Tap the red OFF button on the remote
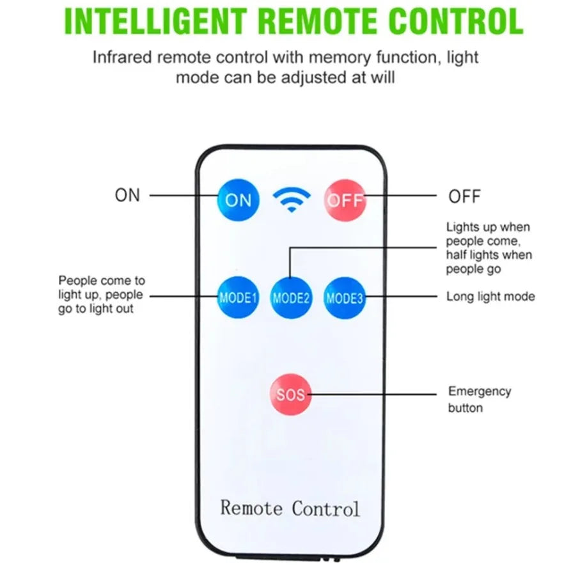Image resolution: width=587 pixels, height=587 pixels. [x=345, y=200]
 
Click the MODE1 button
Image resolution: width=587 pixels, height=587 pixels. [x=238, y=297]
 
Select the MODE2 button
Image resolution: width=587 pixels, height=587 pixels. [x=292, y=297]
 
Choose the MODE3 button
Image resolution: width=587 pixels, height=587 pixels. [x=345, y=297]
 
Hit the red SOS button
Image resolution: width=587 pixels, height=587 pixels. [x=291, y=395]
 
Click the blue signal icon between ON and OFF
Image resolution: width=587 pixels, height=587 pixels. [x=292, y=200]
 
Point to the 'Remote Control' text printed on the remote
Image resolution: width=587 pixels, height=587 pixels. [x=290, y=508]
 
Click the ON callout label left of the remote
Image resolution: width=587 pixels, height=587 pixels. [x=127, y=195]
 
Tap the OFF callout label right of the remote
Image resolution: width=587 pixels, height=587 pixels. [x=464, y=196]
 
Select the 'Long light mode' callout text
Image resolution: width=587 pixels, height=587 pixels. [x=490, y=297]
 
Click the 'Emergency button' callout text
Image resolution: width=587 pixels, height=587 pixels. [x=479, y=399]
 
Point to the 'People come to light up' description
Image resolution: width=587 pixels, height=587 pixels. [x=101, y=295]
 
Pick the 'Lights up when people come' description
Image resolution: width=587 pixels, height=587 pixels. [x=489, y=248]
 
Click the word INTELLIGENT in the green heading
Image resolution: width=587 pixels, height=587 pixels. [x=153, y=22]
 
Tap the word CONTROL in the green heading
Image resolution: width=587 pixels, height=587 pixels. [x=451, y=22]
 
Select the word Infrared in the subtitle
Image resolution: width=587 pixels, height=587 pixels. [x=122, y=57]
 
